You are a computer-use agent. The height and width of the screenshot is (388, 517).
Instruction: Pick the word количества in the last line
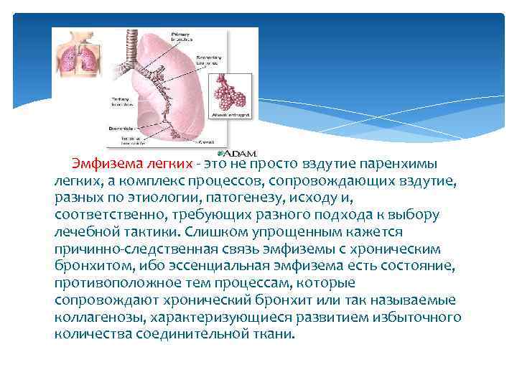90,334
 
